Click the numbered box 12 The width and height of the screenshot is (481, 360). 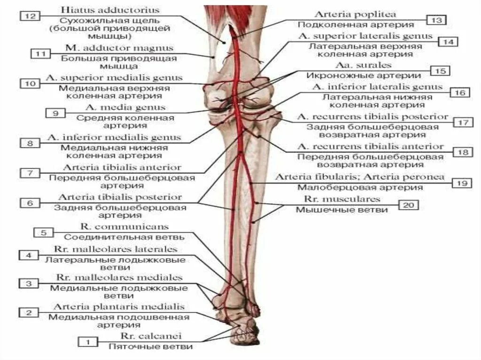pyautogui.click(x=29, y=16)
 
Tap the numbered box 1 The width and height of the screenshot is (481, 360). pyautogui.click(x=86, y=342)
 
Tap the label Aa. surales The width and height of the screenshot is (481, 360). pyautogui.click(x=357, y=65)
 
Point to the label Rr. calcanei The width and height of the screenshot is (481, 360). pyautogui.click(x=151, y=336)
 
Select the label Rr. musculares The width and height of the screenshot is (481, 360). pyautogui.click(x=341, y=199)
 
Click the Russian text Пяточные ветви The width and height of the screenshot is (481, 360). pyautogui.click(x=151, y=347)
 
